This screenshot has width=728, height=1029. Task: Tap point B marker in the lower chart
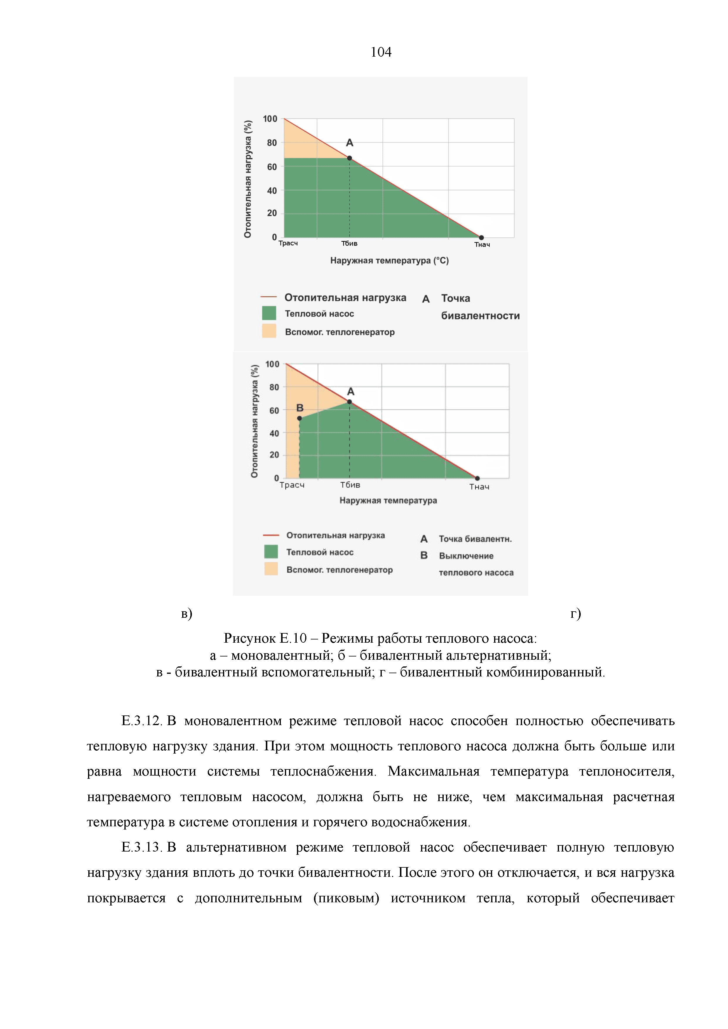300,418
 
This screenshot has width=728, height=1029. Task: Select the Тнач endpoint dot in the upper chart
481,238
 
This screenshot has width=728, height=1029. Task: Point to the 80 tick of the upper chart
272,143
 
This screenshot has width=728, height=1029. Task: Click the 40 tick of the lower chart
274,433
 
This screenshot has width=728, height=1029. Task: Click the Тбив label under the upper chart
349,243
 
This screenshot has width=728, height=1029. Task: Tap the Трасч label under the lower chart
292,485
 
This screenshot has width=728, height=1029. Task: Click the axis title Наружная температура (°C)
389,260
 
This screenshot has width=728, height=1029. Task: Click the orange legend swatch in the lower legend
271,569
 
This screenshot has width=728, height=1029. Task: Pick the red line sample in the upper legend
268,297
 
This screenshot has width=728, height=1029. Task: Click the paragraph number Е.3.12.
141,721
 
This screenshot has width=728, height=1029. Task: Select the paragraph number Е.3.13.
141,847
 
